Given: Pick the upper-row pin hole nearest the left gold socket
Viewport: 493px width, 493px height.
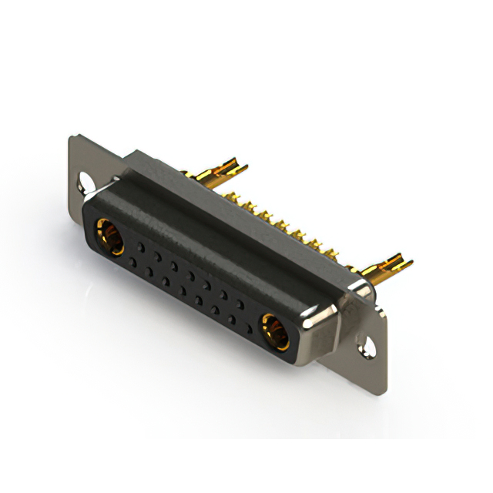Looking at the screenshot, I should coord(141,244).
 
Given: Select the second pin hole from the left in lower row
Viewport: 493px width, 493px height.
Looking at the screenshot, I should coord(149,270).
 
